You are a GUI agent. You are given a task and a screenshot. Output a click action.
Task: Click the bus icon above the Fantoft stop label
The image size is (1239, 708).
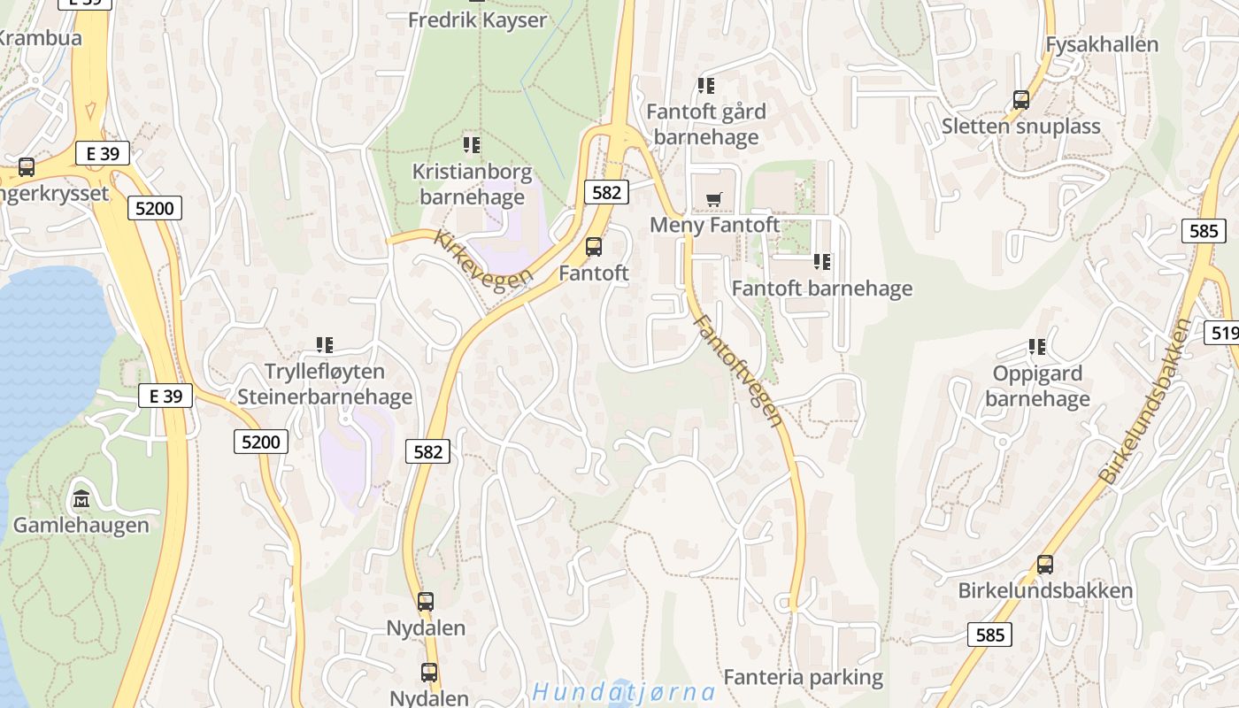pos(594,247)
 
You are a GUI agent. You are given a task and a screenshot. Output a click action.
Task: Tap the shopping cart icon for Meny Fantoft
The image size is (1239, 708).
pos(714,199)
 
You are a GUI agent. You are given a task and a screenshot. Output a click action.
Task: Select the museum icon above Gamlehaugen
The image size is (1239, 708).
pos(81,499)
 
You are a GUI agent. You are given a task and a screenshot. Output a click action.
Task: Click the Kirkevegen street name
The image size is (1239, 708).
pos(483,257)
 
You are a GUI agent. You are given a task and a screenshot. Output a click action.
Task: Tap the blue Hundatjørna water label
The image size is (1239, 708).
pos(625,691)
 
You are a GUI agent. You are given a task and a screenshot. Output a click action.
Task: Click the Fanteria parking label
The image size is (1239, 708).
pos(804,678)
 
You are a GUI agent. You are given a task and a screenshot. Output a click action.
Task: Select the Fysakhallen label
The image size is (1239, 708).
pos(1102,44)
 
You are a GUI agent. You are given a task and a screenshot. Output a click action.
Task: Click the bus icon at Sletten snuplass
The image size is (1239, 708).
pos(1021,100)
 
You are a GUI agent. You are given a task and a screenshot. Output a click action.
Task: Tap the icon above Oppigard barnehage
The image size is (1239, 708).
pos(1037,347)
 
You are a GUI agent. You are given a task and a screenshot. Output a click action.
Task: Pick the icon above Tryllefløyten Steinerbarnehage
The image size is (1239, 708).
pos(325,345)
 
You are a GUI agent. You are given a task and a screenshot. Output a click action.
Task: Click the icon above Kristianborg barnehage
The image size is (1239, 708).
pos(472,144)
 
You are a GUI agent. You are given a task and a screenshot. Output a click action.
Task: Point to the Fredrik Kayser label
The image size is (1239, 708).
pos(477,19)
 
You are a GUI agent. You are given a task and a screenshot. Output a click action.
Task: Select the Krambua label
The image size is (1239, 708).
pos(40,38)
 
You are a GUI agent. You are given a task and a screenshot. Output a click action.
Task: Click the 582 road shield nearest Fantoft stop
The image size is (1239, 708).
pos(606,191)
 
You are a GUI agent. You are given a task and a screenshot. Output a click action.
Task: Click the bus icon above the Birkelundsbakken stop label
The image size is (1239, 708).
pos(1045,565)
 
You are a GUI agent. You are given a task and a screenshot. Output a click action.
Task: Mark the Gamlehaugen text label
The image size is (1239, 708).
pos(81,525)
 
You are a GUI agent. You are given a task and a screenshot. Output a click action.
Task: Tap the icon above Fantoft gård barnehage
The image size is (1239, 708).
pos(706,86)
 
